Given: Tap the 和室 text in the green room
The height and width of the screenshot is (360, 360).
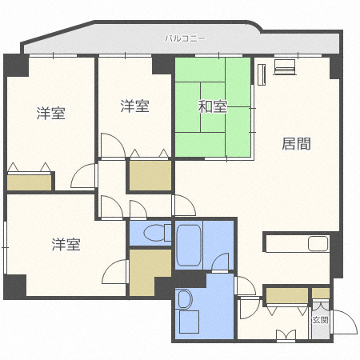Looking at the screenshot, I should pos(213,105).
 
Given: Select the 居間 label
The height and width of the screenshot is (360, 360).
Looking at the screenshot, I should pos(295,143).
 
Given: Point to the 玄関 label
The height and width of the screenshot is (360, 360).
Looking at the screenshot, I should pos(320,319).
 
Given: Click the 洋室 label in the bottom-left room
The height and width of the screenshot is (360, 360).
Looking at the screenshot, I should pos(66,244).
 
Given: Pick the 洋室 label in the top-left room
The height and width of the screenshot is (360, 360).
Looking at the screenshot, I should pos(50,113).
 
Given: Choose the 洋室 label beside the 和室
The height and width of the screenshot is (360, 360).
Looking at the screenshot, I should pos(134,106).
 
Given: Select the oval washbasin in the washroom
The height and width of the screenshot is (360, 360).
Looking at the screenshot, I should pos(185,299).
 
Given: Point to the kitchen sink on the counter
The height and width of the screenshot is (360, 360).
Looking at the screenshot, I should pos(319,244).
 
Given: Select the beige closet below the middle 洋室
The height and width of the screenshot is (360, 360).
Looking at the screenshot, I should pos(150,176).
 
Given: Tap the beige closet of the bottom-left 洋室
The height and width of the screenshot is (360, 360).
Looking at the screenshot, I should pos(149,273).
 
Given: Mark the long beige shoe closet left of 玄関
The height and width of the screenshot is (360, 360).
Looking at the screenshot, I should pos(287,294).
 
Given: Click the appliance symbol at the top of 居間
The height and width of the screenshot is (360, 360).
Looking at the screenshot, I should pos(283,67).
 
